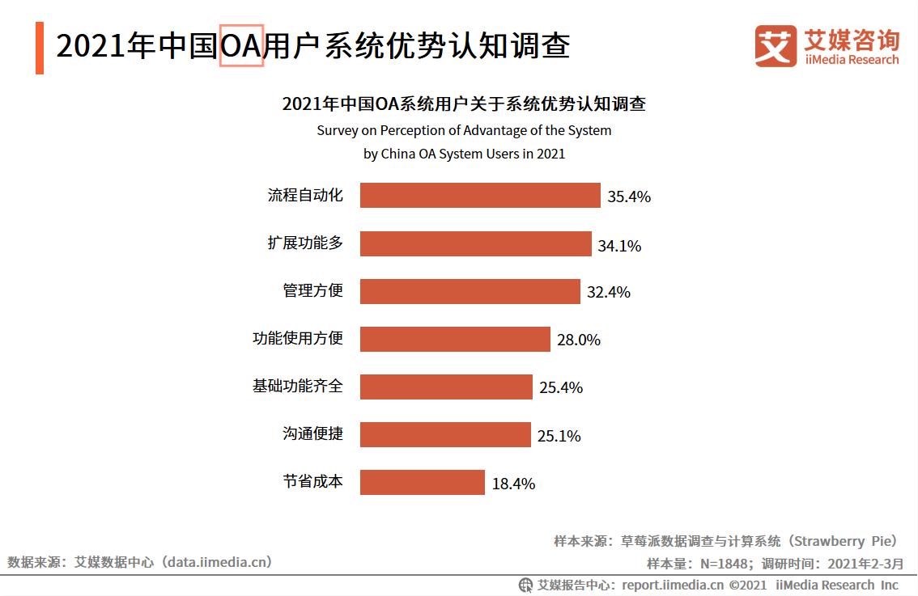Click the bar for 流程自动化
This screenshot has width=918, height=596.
click(480, 196)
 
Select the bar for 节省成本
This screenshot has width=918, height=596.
click(422, 483)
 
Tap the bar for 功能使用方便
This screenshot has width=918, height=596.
click(455, 340)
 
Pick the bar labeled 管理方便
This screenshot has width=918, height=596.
click(470, 292)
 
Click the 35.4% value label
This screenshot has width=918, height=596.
click(629, 197)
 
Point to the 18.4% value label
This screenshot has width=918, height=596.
click(513, 484)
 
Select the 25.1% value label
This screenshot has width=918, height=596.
click(559, 436)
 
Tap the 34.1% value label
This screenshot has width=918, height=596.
click(619, 245)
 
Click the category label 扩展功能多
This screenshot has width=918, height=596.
click(305, 243)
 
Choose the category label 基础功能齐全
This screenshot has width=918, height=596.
click(297, 387)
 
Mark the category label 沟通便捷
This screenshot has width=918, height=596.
click(312, 434)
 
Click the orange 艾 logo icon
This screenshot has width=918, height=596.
click(776, 46)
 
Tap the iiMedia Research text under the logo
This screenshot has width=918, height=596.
click(851, 60)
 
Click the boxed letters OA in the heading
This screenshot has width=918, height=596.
click(241, 46)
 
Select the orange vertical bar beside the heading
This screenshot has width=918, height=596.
click(40, 48)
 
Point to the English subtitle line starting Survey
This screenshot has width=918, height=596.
click(464, 130)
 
